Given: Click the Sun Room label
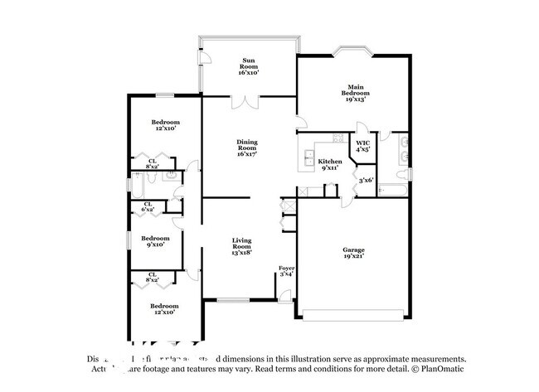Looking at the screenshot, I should tap(248, 66).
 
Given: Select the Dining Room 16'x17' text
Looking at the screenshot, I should tap(247, 148).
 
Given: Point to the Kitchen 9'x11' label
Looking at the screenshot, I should tap(330, 164).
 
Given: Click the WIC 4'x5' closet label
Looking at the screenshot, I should tap(362, 147).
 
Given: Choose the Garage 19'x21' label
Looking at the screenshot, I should tap(354, 253).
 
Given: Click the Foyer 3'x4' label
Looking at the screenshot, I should tap(286, 271).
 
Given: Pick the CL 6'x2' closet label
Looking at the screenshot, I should tap(148, 207).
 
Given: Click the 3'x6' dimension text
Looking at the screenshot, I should tap(366, 180).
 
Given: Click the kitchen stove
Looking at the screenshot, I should tap(337, 138).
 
